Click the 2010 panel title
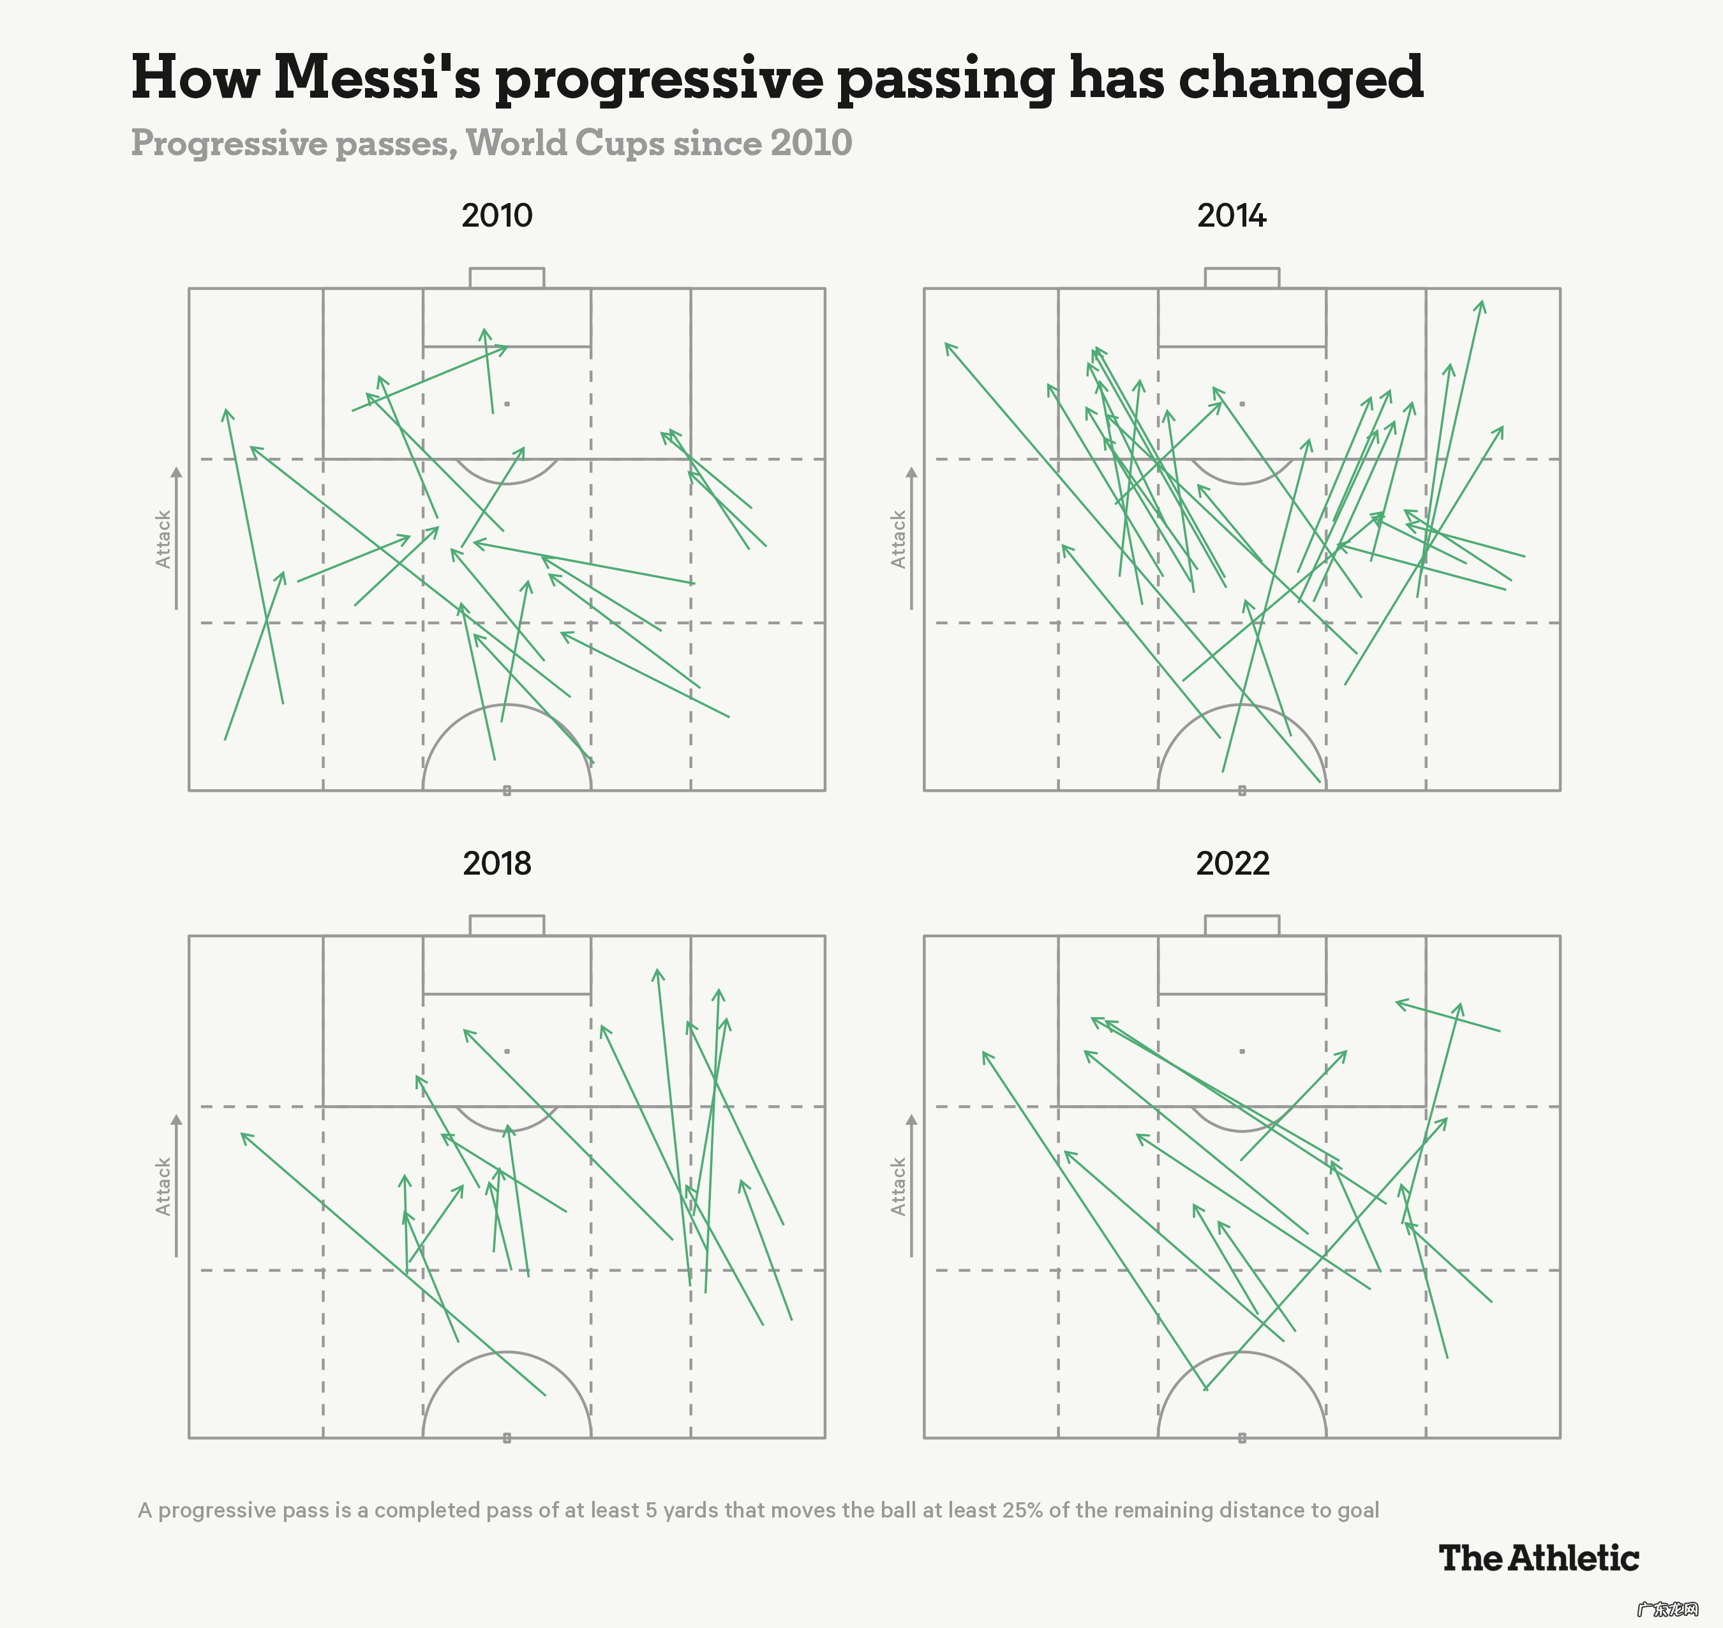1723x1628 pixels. coord(496,215)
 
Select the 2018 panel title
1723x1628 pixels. coord(496,863)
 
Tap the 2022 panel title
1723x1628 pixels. coord(1232,863)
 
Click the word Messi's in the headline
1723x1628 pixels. coord(377,78)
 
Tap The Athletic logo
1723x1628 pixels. coord(1538,1558)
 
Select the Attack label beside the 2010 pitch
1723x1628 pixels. coord(163,539)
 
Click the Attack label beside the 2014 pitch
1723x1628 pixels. coord(898,539)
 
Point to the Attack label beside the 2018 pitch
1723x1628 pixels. coord(163,1186)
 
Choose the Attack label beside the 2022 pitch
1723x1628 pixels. coord(898,1186)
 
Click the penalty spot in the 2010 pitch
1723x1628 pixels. coord(507,403)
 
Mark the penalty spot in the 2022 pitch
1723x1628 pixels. coord(1242,1051)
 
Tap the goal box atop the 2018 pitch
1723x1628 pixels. coord(507,925)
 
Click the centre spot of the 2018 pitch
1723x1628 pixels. coord(507,1438)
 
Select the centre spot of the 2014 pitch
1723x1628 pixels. coord(1242,790)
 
